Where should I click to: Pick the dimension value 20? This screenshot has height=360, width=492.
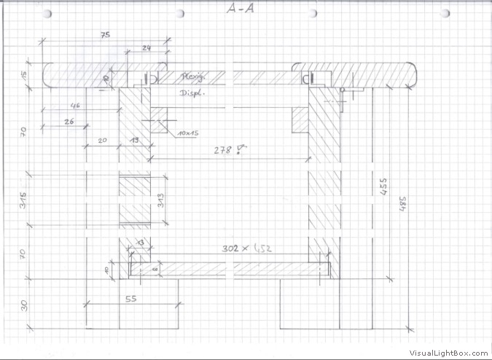click(x=101, y=138)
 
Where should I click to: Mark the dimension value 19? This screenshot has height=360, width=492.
click(x=135, y=138)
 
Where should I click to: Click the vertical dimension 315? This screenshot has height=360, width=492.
click(x=24, y=198)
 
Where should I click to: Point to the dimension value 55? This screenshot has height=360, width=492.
click(x=132, y=299)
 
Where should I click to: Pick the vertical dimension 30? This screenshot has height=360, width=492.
click(x=24, y=305)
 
